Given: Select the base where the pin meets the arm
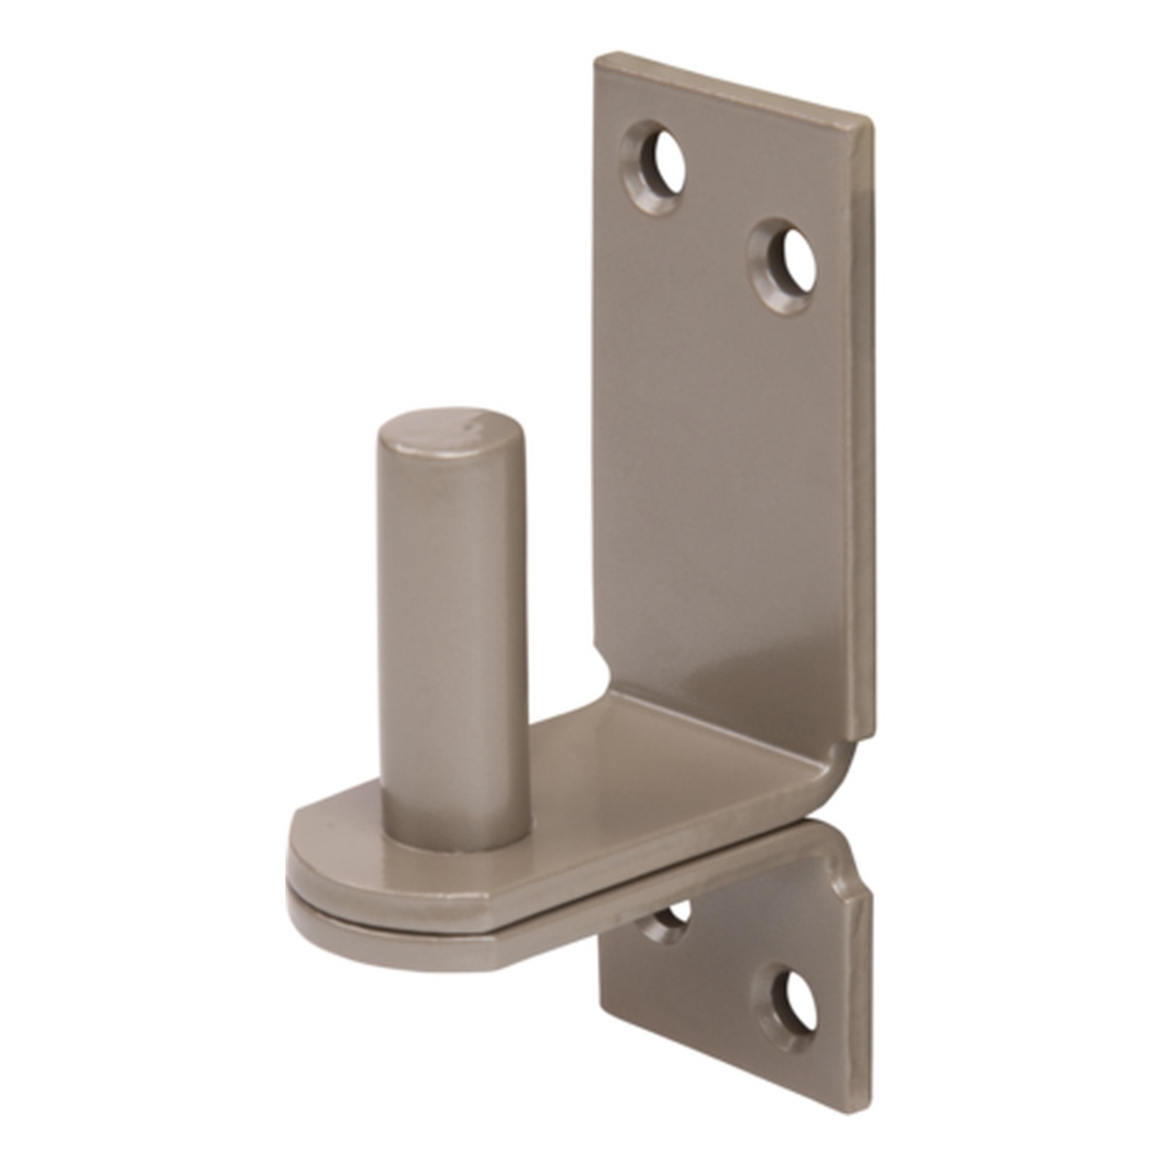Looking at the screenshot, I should point(456,835).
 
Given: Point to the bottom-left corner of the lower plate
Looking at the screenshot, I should point(603,1019).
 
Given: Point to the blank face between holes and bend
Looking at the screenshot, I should point(728,485).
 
